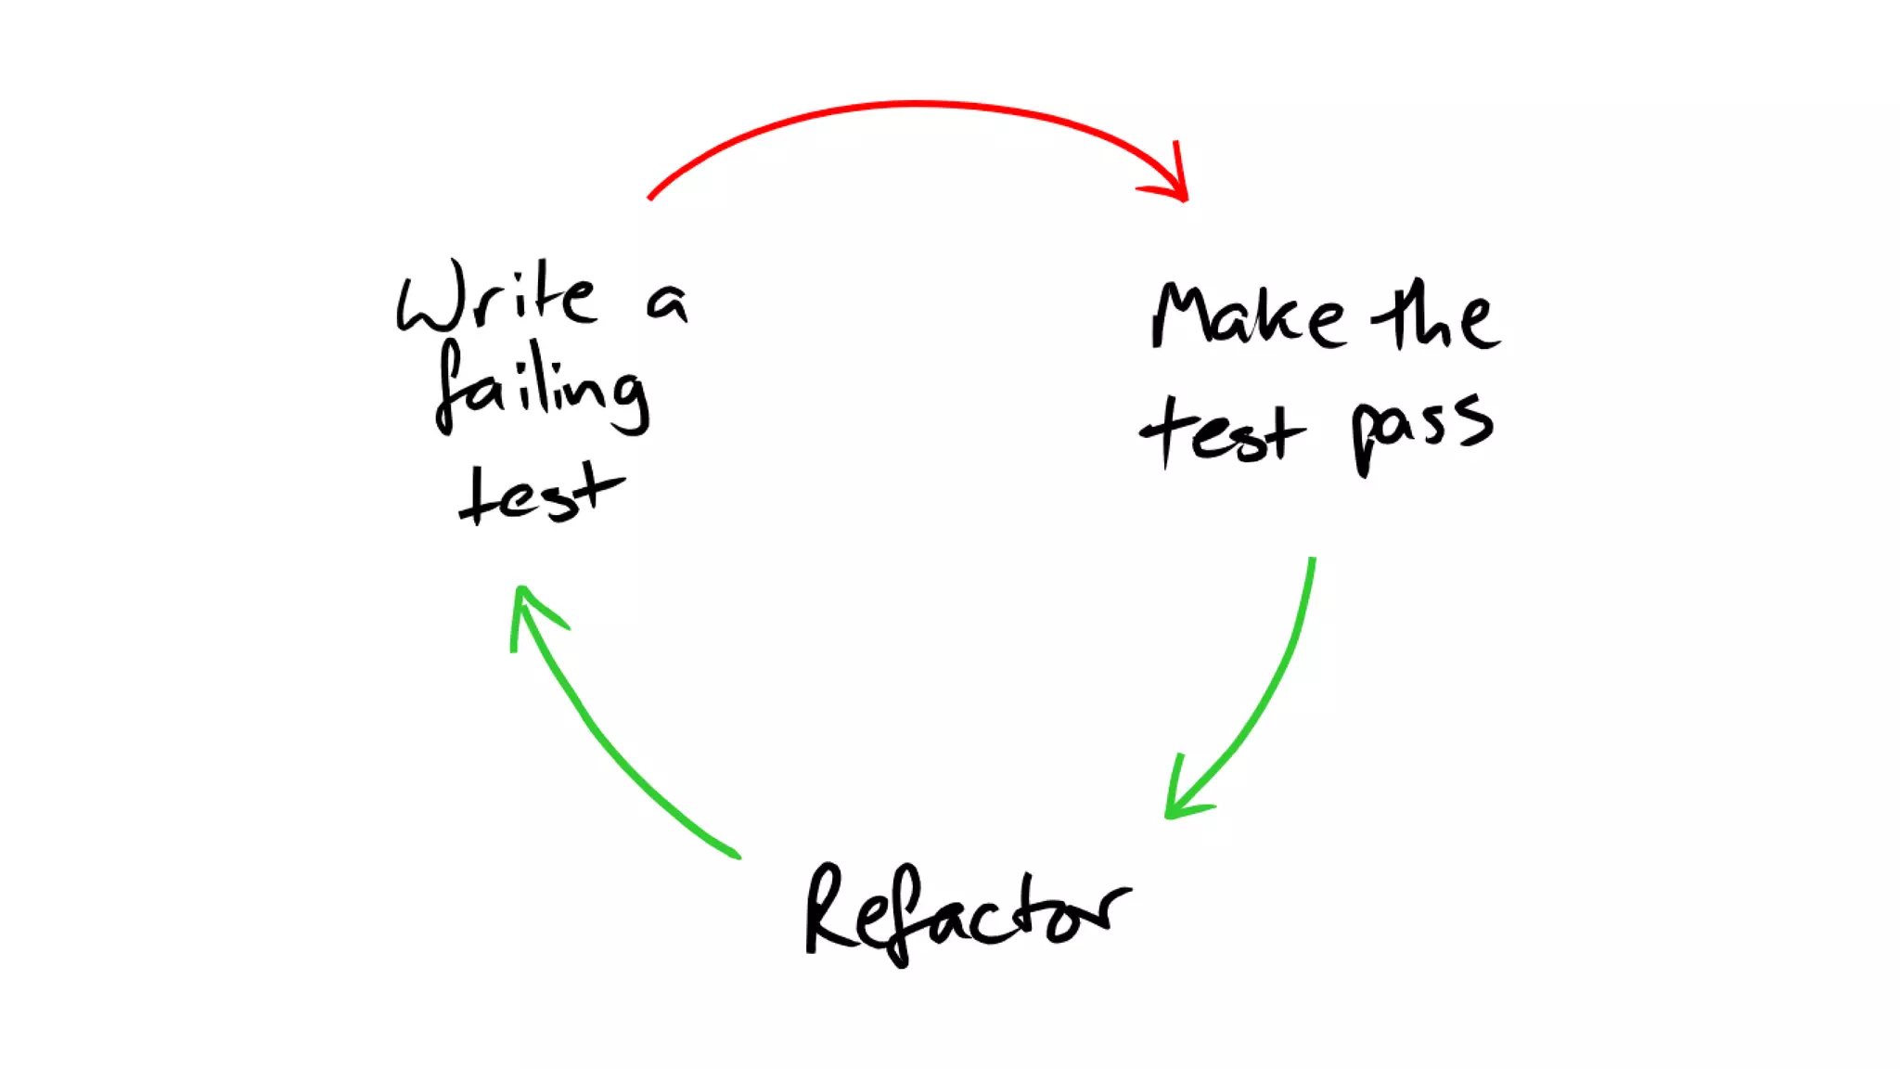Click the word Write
coord(496,297)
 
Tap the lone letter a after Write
coord(667,303)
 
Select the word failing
coord(543,390)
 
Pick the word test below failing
coord(541,494)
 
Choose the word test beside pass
coord(1223,432)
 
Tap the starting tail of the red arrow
coord(650,197)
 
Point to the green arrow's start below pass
coord(1312,560)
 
